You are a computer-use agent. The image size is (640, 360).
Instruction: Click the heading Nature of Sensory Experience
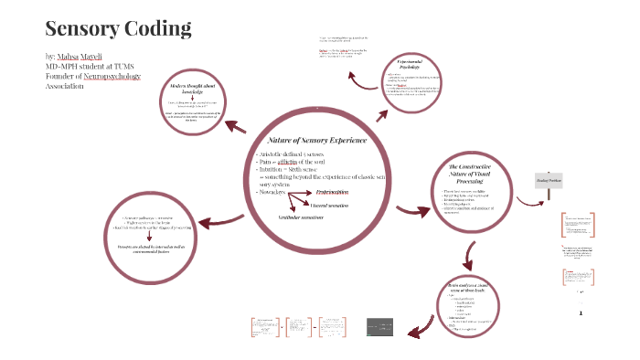(x=316, y=140)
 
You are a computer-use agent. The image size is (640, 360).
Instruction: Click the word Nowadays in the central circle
(x=273, y=191)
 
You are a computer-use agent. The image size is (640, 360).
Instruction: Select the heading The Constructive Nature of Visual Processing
(x=473, y=175)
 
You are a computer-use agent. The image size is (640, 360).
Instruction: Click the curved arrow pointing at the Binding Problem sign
(x=539, y=156)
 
